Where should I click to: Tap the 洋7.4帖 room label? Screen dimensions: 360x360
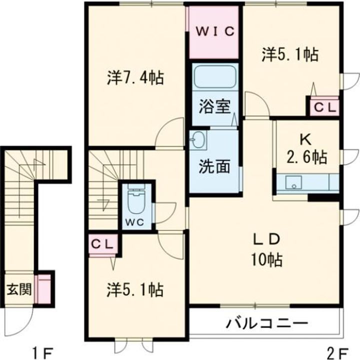coord(136,78)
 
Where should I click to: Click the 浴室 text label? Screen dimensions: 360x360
coord(213,107)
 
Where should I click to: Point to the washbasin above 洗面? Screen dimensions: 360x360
coord(198,140)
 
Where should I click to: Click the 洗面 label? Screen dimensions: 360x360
coord(213,166)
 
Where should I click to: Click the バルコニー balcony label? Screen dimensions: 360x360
coord(266,322)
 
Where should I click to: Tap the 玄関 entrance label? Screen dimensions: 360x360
coord(19,288)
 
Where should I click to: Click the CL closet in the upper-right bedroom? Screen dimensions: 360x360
coord(324,106)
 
